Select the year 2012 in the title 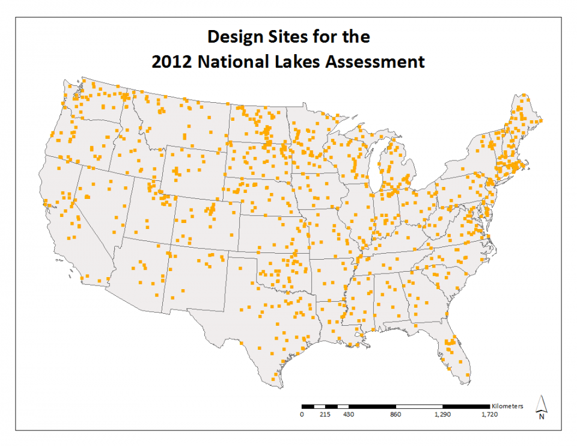[172, 61]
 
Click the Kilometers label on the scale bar [507, 406]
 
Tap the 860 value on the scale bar [395, 415]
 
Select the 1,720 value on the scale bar [488, 415]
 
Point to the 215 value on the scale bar [325, 415]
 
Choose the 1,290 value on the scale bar [442, 415]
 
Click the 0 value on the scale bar [302, 415]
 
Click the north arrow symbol [542, 406]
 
